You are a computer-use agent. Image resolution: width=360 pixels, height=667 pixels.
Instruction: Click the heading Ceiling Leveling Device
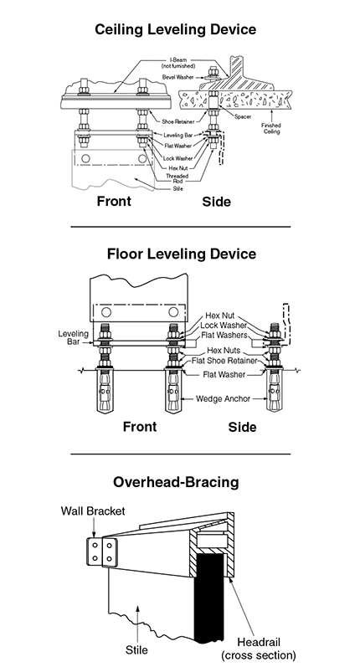pos(175,30)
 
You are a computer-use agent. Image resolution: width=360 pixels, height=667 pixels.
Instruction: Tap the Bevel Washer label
pos(177,77)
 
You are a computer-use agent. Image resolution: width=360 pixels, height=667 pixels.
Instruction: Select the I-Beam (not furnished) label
pos(178,63)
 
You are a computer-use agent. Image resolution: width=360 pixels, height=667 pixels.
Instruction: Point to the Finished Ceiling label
pos(271,129)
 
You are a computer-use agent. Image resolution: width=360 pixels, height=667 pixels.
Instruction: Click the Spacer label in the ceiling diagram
pos(243,116)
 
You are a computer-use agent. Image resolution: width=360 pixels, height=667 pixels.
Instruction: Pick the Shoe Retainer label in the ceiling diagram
pos(177,121)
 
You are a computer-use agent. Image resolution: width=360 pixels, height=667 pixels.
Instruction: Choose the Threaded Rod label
pos(177,178)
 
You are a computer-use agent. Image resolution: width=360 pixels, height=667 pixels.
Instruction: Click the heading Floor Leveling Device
pos(182,254)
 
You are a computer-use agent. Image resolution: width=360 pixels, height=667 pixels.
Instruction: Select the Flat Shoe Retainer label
pos(224,361)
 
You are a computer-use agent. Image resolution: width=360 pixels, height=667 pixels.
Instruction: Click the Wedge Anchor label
pos(223,399)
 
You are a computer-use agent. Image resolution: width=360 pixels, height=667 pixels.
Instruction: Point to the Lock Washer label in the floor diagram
pos(224,326)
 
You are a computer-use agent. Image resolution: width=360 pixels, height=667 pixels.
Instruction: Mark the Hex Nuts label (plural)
pos(224,351)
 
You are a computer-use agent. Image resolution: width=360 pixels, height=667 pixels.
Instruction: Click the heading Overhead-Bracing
pos(176,482)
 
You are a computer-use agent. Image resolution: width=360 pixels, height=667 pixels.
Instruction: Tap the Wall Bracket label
pos(93,511)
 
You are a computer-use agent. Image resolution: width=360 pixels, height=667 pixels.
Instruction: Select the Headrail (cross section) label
pos(259,649)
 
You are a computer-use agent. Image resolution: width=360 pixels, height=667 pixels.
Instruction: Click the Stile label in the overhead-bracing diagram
pos(136,650)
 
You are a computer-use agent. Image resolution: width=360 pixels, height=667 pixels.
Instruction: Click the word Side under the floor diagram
pos(242,427)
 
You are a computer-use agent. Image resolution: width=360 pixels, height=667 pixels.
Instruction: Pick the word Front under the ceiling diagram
pos(114,201)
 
